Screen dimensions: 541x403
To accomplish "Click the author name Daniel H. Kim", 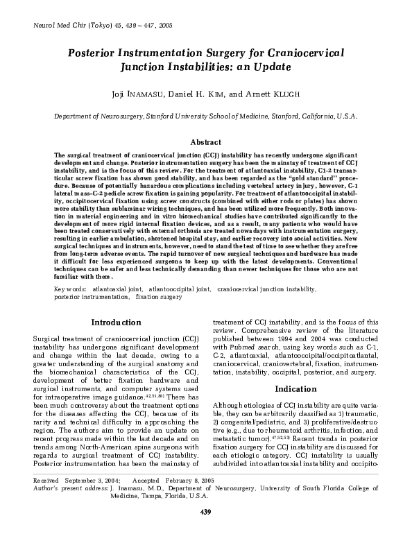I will (206, 95).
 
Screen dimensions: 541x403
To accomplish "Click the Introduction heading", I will (116, 323).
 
